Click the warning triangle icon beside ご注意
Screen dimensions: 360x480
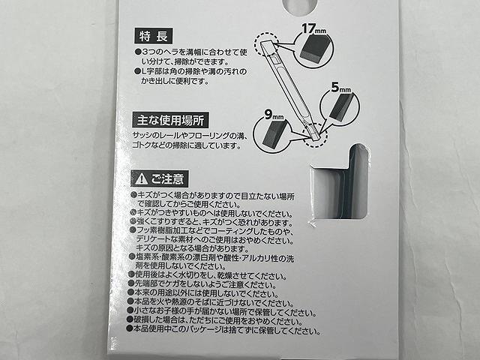[140, 179]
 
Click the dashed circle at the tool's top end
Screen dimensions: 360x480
[265, 43]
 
